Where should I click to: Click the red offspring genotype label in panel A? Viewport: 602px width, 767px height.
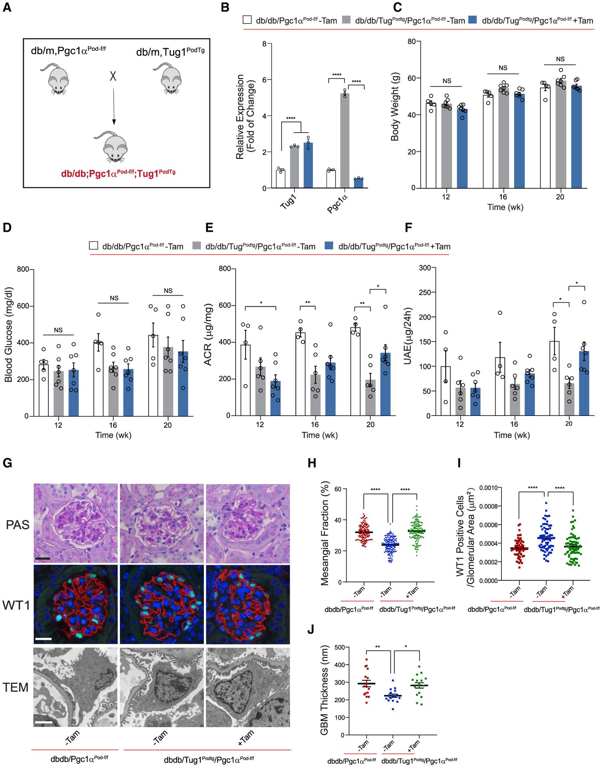point(118,174)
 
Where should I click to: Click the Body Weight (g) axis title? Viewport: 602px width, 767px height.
point(395,115)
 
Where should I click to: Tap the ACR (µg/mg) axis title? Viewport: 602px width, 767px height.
point(208,342)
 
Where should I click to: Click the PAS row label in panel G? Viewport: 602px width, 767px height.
point(18,525)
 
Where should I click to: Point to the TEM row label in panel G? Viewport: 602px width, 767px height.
point(16,687)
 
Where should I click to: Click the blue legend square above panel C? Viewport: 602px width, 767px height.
point(473,20)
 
